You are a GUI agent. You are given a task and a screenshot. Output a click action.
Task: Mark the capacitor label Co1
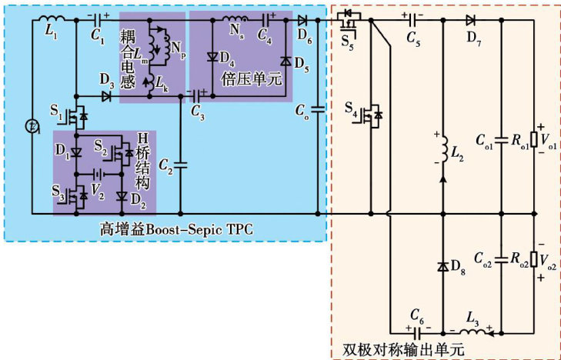point(485,142)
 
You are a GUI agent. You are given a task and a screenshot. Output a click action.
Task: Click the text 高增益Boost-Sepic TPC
point(177,229)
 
